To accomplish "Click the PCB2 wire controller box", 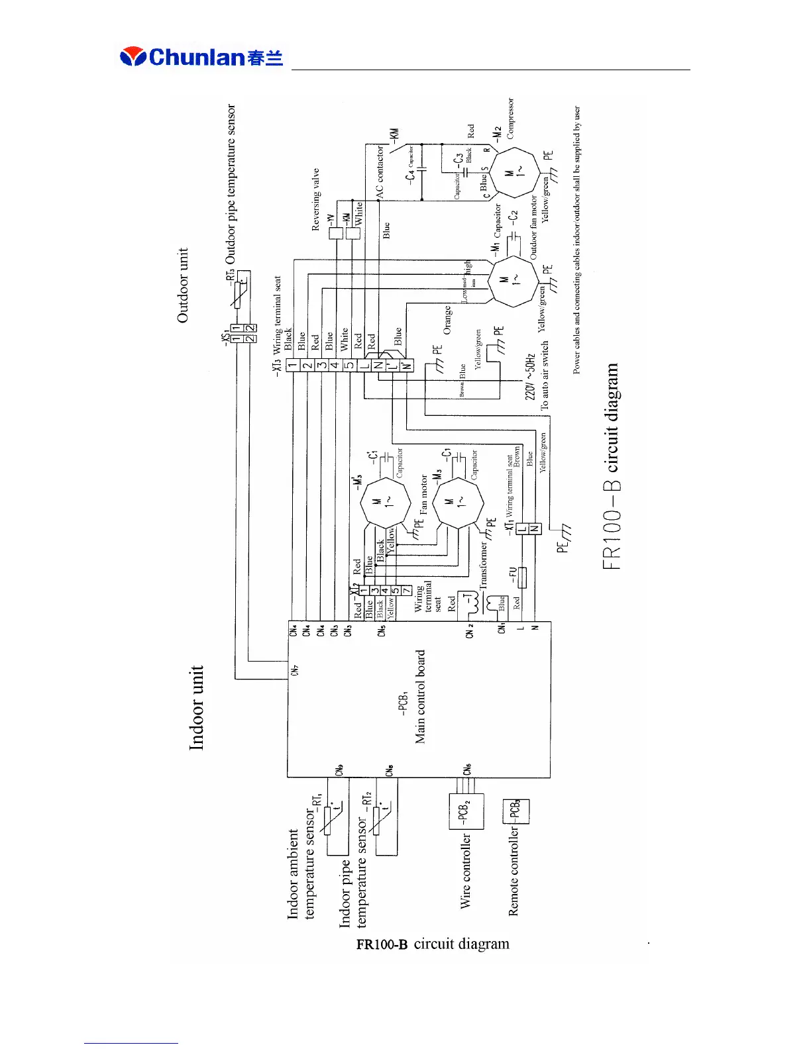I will (466, 811).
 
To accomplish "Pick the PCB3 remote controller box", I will (517, 811).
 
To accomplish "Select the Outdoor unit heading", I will (183, 285).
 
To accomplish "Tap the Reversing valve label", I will (316, 199).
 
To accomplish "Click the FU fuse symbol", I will (521, 577).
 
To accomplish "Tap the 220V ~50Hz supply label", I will (530, 376).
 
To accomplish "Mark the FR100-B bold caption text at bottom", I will (382, 944).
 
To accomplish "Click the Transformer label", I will (483, 566).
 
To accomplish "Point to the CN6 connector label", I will (468, 769).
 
